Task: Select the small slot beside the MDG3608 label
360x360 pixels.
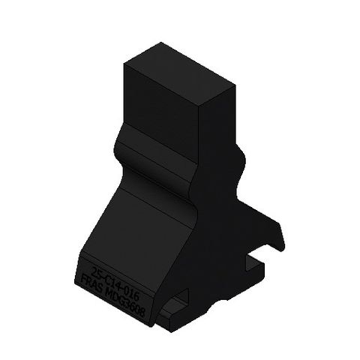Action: (178, 307)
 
